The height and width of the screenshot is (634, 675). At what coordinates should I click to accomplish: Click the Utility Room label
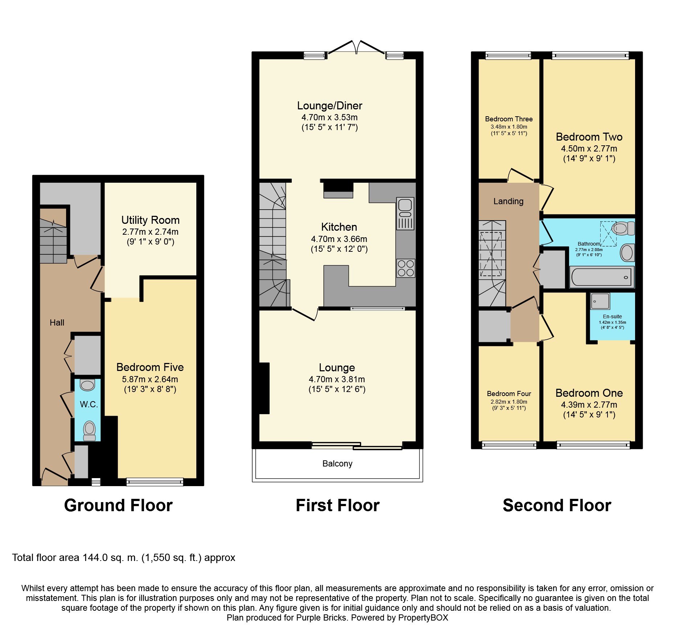coord(150,220)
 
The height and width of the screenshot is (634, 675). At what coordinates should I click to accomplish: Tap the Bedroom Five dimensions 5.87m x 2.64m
coord(150,379)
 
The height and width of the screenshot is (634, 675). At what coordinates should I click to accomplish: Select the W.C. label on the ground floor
coord(89,404)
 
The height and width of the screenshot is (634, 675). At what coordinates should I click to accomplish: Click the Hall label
coord(57,323)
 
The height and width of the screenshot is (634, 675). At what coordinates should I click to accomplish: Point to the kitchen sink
coord(405,214)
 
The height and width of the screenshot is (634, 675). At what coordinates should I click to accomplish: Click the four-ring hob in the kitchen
coord(406,268)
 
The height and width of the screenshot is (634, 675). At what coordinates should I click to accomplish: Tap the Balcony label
coord(337,464)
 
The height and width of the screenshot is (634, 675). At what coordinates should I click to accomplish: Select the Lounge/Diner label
coord(330,106)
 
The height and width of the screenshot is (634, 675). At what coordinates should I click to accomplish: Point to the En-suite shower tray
coord(600,301)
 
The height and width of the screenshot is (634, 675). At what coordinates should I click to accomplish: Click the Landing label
coord(508,201)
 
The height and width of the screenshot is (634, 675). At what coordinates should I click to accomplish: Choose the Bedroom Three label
coord(509,119)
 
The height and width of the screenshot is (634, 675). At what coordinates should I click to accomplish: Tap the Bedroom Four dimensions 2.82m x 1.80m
coord(509,402)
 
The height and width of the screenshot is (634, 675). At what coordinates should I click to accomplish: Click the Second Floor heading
coord(557,505)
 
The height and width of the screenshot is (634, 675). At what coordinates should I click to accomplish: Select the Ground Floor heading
coord(118,505)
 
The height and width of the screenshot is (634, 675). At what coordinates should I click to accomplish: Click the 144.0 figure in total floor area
coord(95,558)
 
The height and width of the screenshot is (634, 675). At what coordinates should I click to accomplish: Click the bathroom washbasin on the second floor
coord(627,253)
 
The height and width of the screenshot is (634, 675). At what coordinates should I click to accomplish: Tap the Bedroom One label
coord(589,393)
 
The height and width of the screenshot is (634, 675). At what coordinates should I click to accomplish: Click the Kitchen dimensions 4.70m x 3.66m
coord(339,239)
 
